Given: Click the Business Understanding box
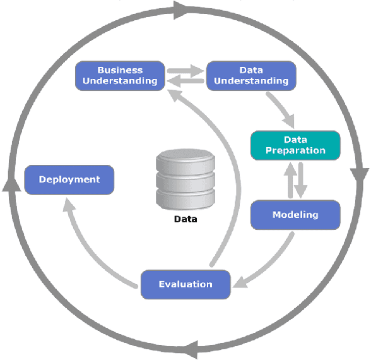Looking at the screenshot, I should [120, 75].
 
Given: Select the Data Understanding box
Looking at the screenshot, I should [251, 75].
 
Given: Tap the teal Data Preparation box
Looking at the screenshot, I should [295, 145].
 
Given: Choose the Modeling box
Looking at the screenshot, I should [295, 215].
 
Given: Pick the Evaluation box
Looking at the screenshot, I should [185, 284].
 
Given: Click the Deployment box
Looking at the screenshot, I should [69, 179].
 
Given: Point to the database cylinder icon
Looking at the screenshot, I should [185, 180].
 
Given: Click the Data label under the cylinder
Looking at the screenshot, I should [185, 220].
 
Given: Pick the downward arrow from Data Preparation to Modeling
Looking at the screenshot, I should [301, 180].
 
